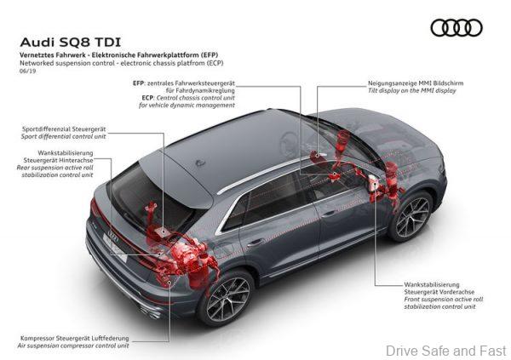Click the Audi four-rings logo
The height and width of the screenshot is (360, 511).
point(456,28)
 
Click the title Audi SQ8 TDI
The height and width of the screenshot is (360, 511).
point(71,43)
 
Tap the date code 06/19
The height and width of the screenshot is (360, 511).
point(28,71)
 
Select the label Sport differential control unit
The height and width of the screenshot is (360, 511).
point(64,136)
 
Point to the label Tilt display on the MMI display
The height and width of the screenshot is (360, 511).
point(412,90)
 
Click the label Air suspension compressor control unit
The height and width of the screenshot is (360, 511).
point(73,346)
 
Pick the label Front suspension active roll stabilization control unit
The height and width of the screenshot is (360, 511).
point(444,303)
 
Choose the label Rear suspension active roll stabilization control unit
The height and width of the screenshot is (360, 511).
point(55,171)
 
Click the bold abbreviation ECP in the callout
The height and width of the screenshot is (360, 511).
point(147,98)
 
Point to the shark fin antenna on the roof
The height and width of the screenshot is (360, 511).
point(200,163)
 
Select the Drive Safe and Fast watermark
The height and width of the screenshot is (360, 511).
point(445,351)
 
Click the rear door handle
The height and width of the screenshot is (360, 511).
point(255,243)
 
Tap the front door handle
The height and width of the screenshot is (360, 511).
point(329,214)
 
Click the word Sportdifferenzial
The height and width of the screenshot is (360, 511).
point(46,129)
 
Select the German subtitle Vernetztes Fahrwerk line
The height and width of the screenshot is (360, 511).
point(118,54)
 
